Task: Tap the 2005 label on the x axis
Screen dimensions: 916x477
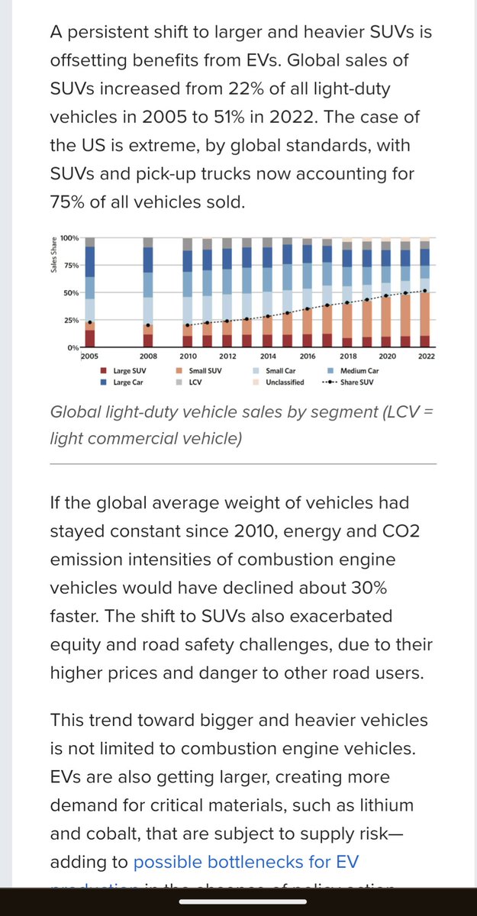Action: click(x=90, y=356)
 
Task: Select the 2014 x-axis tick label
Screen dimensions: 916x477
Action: click(x=267, y=356)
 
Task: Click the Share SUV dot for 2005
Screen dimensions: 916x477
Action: click(x=90, y=323)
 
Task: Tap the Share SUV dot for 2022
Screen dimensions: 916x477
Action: click(x=424, y=291)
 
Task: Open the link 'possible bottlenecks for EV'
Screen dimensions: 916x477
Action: click(x=246, y=862)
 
